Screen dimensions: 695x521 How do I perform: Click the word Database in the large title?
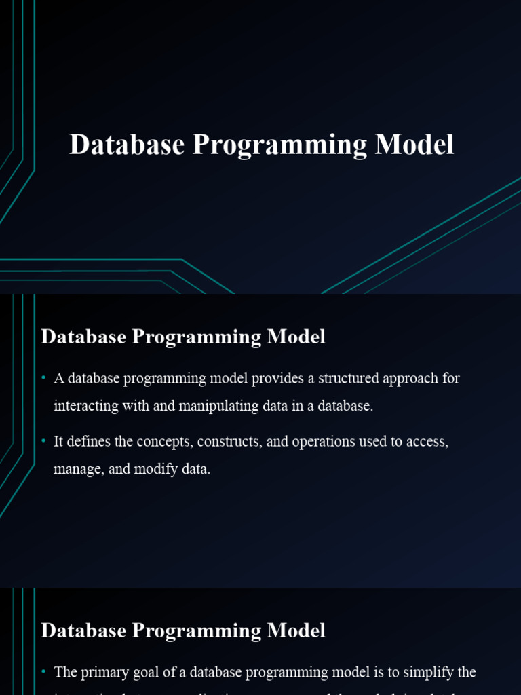tap(126, 145)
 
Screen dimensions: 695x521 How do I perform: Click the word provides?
tap(277, 378)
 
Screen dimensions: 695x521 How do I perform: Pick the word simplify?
tap(427, 673)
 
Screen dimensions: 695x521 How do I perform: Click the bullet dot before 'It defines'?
tap(43, 441)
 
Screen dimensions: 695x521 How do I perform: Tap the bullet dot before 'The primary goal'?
tap(43, 672)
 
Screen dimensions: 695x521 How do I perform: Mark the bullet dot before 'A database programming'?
tap(43, 378)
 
